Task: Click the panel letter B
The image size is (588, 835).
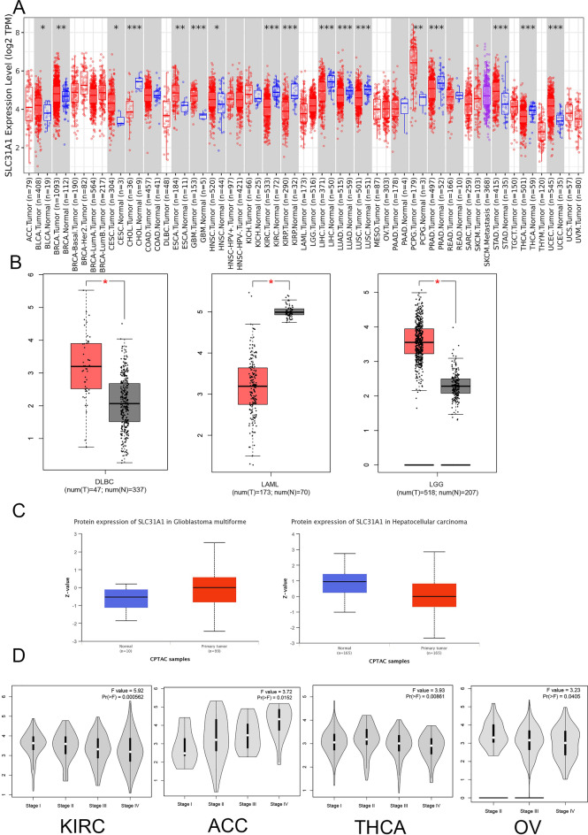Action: [x=19, y=264]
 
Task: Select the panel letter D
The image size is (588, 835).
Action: [x=19, y=660]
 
